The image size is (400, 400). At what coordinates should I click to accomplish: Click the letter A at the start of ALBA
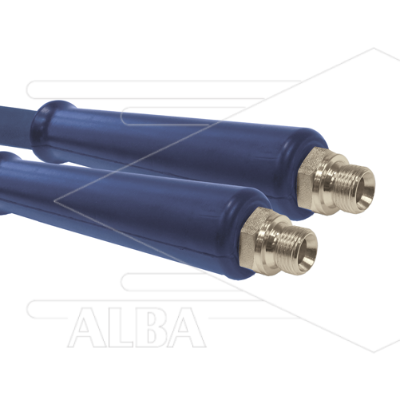click(87, 328)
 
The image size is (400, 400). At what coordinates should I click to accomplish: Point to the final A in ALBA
click(186, 328)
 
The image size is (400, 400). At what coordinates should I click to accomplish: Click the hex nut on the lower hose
click(251, 237)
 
